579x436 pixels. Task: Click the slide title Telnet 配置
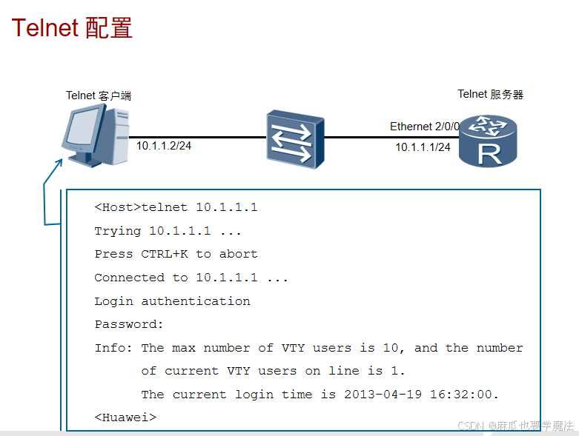click(72, 27)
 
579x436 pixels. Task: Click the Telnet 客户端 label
click(99, 95)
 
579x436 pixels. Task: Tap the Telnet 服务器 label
click(491, 94)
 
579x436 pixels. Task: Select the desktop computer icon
click(95, 135)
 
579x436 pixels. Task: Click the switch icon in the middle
click(295, 139)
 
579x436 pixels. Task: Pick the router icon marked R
click(487, 141)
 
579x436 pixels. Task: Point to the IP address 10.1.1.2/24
click(164, 145)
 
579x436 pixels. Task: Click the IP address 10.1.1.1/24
click(423, 147)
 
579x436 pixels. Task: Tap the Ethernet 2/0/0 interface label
click(425, 127)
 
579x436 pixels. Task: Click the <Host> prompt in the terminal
click(117, 207)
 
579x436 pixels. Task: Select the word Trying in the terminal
click(117, 231)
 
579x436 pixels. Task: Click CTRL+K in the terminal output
click(165, 254)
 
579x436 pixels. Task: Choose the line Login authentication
click(172, 301)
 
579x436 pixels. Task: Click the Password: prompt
click(129, 324)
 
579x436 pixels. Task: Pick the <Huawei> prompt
click(125, 417)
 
